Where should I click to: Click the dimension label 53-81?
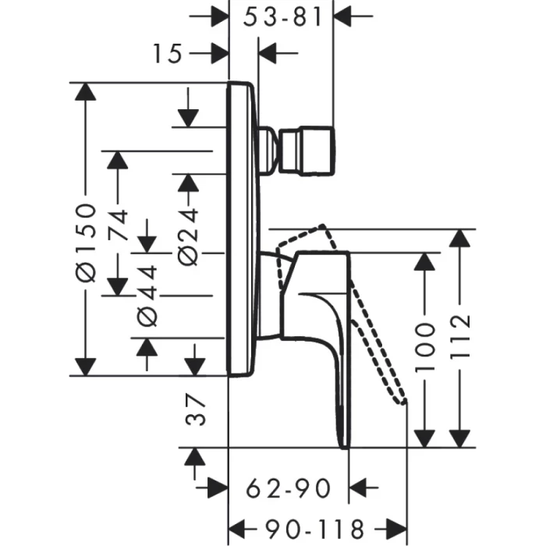(282, 16)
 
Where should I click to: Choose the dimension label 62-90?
(289, 489)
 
